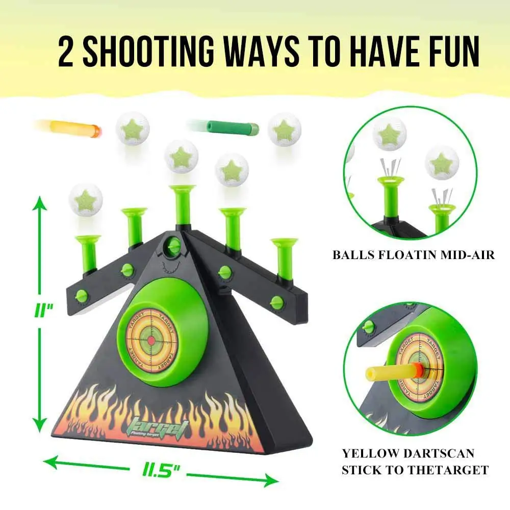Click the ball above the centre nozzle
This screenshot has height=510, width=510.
pos(181,157)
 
